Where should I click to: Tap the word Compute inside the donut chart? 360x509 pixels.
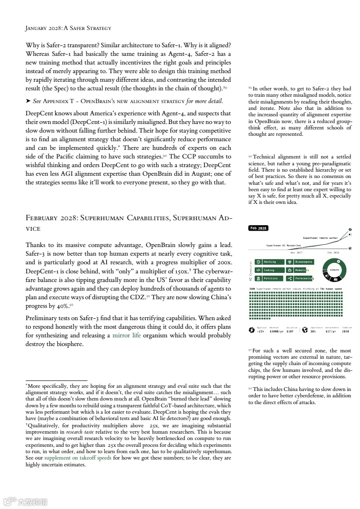[x=334, y=270]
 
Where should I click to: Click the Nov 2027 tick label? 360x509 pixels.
[x=296, y=252]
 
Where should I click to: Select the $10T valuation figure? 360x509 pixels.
[x=290, y=331]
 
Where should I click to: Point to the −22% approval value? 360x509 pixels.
[x=260, y=331]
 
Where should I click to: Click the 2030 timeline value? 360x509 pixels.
[x=346, y=331]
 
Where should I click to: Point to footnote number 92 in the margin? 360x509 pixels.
[x=250, y=389]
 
